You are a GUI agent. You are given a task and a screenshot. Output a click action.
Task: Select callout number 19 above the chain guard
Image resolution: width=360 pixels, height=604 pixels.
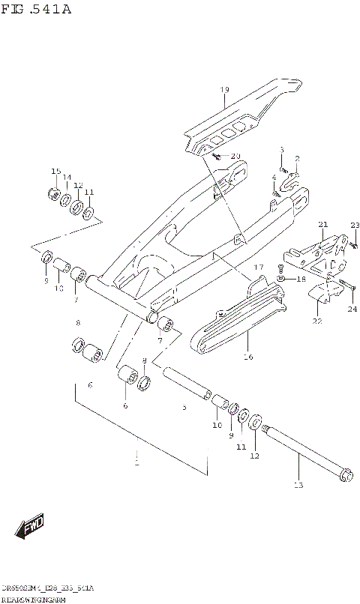coord(224,91)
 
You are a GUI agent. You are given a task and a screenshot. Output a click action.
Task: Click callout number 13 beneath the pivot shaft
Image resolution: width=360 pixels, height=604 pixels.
coord(298,486)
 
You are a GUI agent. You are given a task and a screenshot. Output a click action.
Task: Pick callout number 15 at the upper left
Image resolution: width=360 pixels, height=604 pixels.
coord(55,172)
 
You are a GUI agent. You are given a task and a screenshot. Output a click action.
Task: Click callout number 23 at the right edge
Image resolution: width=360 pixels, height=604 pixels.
coord(355,226)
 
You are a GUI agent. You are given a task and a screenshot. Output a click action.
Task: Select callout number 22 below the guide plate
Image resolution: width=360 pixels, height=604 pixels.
coord(317,321)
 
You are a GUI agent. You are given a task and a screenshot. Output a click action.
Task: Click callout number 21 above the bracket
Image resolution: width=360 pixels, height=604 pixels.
coord(323,225)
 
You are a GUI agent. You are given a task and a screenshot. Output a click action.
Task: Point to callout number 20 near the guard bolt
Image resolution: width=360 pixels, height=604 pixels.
coord(235,156)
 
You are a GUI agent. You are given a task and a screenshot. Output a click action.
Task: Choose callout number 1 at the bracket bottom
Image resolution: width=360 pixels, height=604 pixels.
coord(137,464)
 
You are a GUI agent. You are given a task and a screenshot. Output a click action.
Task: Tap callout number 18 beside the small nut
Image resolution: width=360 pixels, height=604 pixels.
coord(301,279)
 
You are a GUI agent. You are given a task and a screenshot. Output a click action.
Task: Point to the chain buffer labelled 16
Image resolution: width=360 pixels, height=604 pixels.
coord(236,324)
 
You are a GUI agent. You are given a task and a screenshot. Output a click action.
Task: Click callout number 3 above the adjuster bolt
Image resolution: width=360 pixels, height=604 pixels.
coord(282,150)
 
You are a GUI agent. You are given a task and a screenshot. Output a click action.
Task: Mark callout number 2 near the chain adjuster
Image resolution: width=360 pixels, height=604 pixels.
coord(297,159)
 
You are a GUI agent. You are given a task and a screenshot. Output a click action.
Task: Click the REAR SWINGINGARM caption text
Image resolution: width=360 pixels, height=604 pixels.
coord(34,600)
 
